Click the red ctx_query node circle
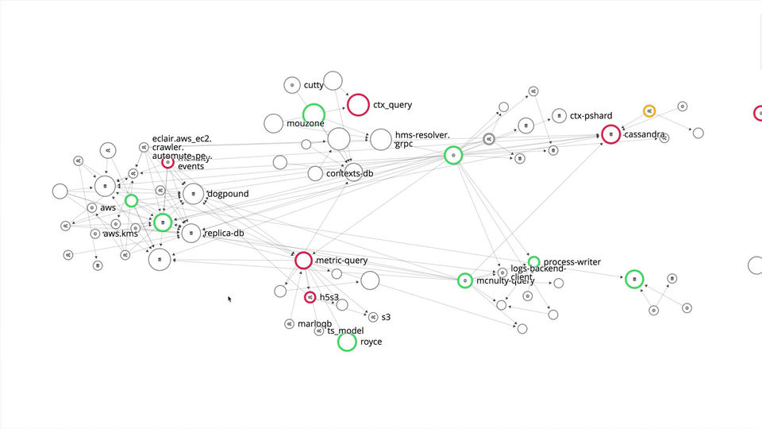point(358,105)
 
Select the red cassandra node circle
point(610,135)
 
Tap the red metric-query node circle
point(303,261)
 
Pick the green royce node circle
point(347,342)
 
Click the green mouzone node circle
point(314,114)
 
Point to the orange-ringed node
point(649,111)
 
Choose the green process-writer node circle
point(534,262)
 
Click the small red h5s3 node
point(310,297)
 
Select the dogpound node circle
point(194,194)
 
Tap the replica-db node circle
point(191,233)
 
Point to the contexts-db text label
point(349,173)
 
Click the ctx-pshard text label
point(591,116)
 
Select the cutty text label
point(314,85)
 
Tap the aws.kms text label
point(121,234)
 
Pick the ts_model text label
point(345,330)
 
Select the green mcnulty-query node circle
point(464,280)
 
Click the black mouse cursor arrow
point(229,299)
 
